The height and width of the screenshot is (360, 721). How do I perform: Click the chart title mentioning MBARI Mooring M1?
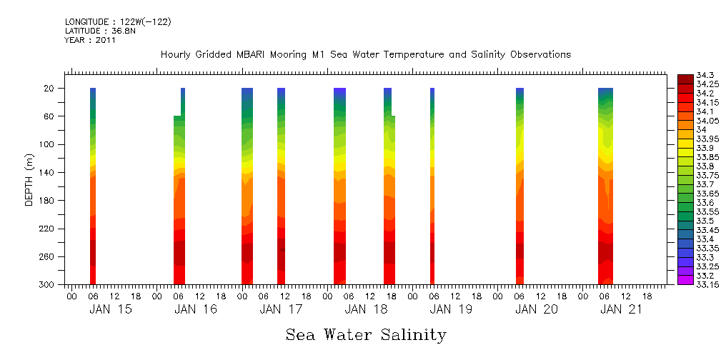point(365,55)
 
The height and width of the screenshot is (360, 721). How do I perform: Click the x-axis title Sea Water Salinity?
point(366,334)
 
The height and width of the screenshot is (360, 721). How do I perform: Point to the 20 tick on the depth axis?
point(49,88)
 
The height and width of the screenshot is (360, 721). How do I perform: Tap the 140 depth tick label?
point(47,172)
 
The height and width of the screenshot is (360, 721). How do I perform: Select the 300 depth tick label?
point(47,284)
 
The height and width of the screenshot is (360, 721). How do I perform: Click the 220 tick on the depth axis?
point(47,229)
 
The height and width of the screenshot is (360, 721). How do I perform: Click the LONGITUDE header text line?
point(118,22)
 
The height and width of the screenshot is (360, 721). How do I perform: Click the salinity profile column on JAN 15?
point(93,186)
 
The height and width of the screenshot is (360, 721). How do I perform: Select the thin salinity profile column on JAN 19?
point(432,186)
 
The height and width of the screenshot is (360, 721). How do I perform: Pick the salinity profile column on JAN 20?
point(519,186)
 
